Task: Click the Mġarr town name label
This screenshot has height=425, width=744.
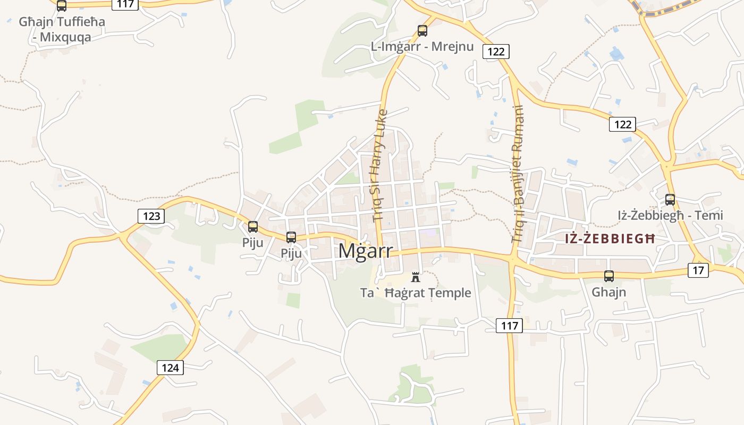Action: pyautogui.click(x=366, y=251)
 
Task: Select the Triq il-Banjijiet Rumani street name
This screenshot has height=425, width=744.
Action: pyautogui.click(x=517, y=174)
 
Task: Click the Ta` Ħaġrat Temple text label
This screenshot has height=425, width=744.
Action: pyautogui.click(x=416, y=293)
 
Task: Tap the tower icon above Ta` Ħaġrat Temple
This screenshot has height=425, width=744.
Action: pyautogui.click(x=416, y=277)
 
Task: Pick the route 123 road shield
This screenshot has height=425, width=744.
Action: pyautogui.click(x=151, y=216)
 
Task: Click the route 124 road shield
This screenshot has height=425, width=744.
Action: pyautogui.click(x=170, y=367)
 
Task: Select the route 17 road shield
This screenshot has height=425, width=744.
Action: pyautogui.click(x=698, y=270)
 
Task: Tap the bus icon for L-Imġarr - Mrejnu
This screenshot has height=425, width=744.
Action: pyautogui.click(x=422, y=31)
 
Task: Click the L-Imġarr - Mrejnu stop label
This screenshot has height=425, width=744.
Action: pyautogui.click(x=422, y=47)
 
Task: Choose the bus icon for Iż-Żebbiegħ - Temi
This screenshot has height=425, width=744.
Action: pyautogui.click(x=670, y=200)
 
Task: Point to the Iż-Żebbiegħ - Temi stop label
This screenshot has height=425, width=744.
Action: pyautogui.click(x=670, y=215)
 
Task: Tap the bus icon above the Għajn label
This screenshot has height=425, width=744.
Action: pyautogui.click(x=609, y=276)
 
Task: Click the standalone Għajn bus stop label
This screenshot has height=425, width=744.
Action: pyautogui.click(x=609, y=292)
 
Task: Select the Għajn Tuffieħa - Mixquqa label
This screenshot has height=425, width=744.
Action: pyautogui.click(x=62, y=29)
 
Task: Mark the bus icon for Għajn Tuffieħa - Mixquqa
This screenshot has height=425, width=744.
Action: pyautogui.click(x=62, y=6)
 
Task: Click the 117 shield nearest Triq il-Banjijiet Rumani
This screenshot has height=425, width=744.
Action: pyautogui.click(x=509, y=325)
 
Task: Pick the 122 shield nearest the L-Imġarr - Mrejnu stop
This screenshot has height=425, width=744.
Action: pyautogui.click(x=496, y=51)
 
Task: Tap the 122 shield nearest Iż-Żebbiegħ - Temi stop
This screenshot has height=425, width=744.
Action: pyautogui.click(x=622, y=124)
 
